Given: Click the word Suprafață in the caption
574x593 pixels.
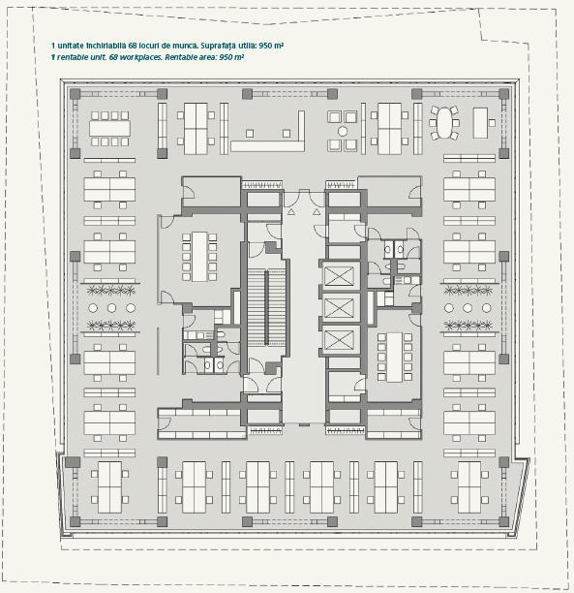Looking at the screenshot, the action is point(219,46).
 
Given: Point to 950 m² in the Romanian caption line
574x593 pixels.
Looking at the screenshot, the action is point(271,46).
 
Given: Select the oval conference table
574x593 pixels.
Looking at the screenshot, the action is point(443,122).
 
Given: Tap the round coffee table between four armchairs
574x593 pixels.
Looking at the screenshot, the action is point(343,131).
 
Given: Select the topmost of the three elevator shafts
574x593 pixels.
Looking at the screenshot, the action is point(339,275).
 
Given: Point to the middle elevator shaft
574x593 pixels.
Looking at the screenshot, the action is point(339,307).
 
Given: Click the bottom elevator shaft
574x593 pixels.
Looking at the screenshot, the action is point(339,339).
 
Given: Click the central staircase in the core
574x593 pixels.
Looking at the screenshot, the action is point(266,307).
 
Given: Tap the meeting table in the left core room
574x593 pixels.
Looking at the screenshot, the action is point(199,257).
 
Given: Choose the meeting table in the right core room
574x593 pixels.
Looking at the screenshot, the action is point(395,358).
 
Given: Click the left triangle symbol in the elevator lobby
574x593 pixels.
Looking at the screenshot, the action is point(290,212).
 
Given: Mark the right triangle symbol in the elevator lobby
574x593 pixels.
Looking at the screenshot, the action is point(317,212).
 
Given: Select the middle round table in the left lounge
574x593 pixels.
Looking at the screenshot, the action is point(111,308).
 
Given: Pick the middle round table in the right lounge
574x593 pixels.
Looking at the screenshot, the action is point(468,308).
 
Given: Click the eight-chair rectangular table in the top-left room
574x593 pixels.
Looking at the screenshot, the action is point(109,129).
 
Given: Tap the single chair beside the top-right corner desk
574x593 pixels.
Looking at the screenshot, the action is point(492,123).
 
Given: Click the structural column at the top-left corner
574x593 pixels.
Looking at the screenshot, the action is point(76,94).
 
